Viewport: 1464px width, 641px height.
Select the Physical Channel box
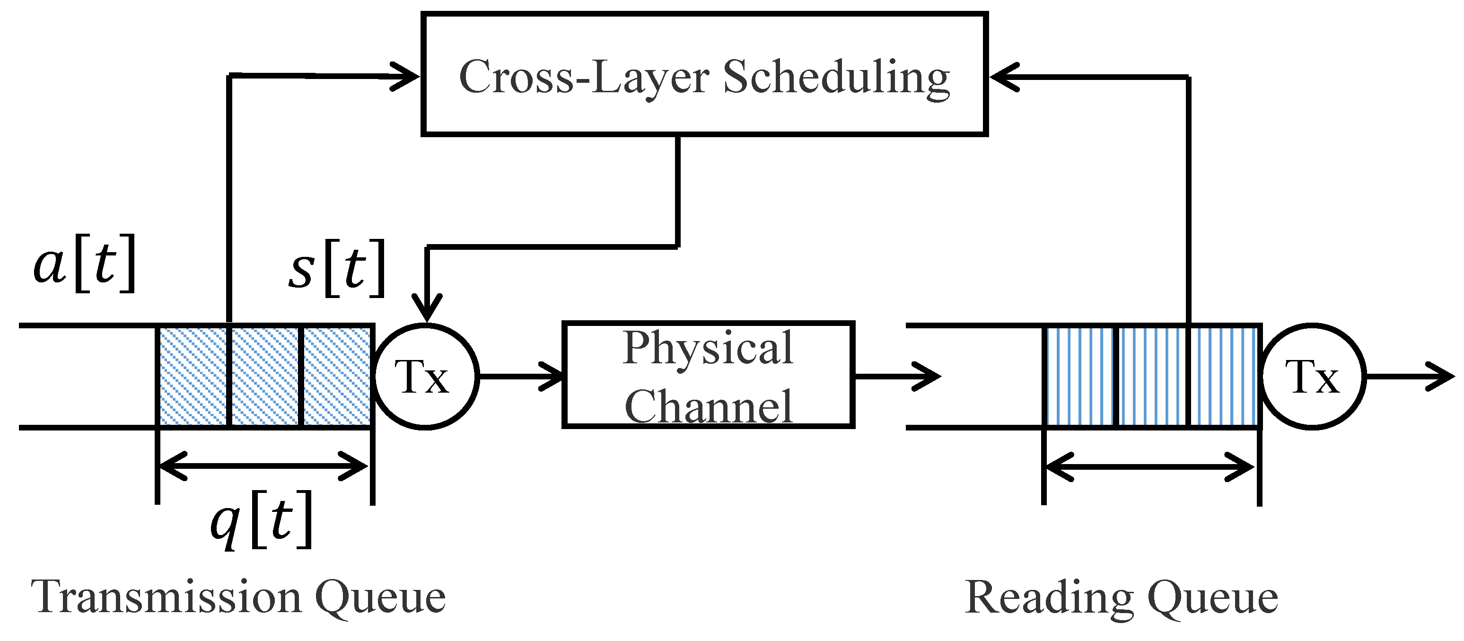click(x=708, y=375)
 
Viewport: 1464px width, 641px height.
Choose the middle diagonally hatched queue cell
click(x=265, y=376)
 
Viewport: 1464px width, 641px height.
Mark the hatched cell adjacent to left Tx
click(x=336, y=376)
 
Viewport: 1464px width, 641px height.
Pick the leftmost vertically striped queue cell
click(x=1080, y=376)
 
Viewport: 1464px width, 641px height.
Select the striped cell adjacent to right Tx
click(x=1223, y=376)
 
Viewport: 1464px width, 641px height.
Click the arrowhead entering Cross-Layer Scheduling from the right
click(x=1003, y=77)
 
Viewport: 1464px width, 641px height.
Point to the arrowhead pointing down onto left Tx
click(x=426, y=310)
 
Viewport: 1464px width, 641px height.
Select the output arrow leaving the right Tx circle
click(x=1410, y=376)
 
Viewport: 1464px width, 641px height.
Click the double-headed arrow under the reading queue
click(x=1150, y=467)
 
